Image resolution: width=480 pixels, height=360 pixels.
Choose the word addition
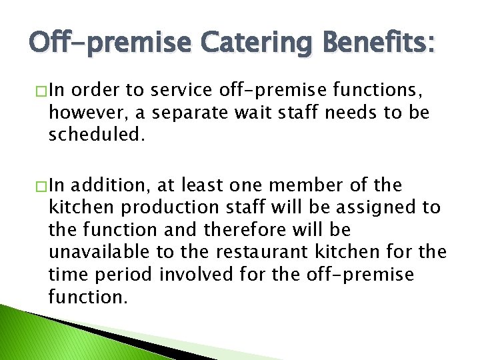110,185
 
